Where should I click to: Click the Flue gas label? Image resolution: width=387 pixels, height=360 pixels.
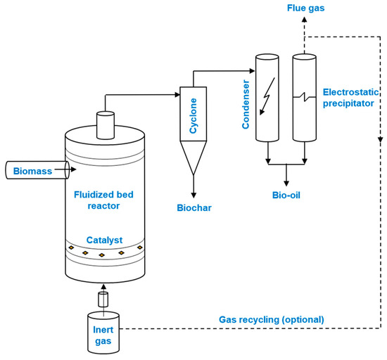pos(305,8)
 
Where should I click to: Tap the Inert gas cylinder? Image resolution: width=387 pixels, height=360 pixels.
pos(103,329)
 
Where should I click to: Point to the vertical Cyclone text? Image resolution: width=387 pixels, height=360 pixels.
pos(192,112)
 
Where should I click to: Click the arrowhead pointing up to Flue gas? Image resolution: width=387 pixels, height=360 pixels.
pos(305,20)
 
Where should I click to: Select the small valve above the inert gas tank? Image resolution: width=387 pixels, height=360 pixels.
pos(103,300)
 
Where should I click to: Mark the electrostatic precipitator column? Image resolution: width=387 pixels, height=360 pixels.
pos(304,98)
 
